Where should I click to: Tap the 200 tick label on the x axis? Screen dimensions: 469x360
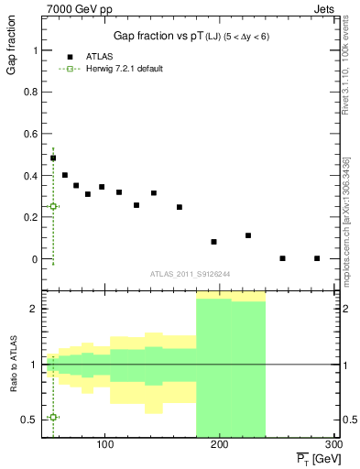click(219, 445)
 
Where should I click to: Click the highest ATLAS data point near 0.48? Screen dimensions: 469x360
click(53, 158)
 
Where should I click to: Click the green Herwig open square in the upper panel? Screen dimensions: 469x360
click(53, 206)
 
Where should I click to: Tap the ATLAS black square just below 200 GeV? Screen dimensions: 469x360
click(213, 242)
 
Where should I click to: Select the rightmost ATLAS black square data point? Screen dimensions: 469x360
click(317, 258)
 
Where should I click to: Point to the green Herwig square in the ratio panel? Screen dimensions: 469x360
click(53, 417)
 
